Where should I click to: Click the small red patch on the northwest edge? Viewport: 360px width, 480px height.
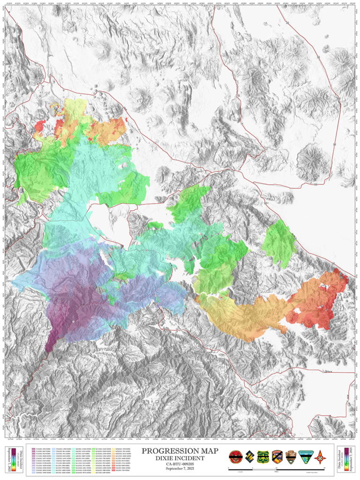pyautogui.click(x=40, y=126)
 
